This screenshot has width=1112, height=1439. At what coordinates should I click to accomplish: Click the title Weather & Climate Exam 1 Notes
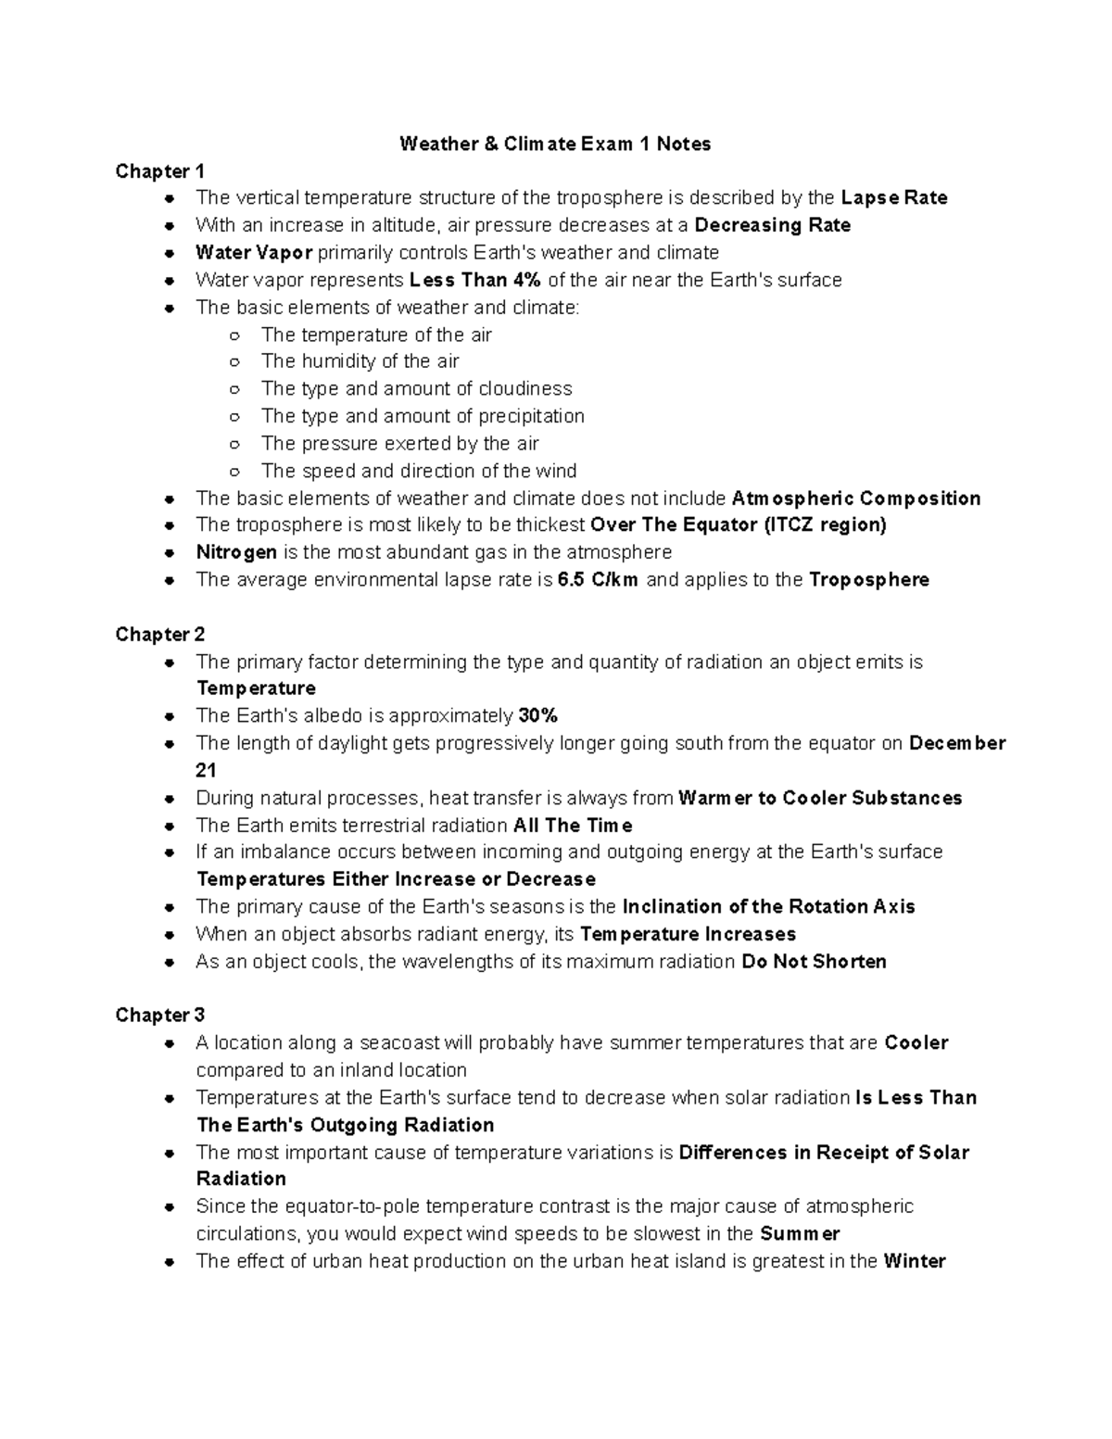tap(555, 144)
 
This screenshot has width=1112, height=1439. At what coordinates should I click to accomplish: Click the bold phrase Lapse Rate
tap(893, 198)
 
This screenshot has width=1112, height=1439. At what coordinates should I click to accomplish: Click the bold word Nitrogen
tap(236, 553)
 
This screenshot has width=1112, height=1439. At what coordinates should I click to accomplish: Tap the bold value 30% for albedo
tap(537, 716)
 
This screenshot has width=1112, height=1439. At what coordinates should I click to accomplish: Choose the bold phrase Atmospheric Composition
tap(855, 499)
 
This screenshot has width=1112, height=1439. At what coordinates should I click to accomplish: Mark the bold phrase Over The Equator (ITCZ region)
tap(738, 525)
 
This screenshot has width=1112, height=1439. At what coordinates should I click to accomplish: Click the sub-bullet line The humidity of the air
tap(360, 361)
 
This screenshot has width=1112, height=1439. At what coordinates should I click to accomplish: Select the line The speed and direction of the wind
tap(419, 471)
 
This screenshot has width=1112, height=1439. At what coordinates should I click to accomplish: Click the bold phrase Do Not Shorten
tap(814, 962)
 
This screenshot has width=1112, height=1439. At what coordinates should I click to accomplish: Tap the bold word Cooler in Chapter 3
tap(916, 1043)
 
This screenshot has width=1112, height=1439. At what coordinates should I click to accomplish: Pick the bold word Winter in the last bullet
tap(914, 1261)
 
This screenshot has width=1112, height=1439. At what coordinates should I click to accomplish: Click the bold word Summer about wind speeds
tap(799, 1234)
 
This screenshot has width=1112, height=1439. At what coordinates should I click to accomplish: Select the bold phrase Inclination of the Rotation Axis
tap(768, 907)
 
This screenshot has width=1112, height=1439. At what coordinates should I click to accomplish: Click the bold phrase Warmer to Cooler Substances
tap(820, 799)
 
